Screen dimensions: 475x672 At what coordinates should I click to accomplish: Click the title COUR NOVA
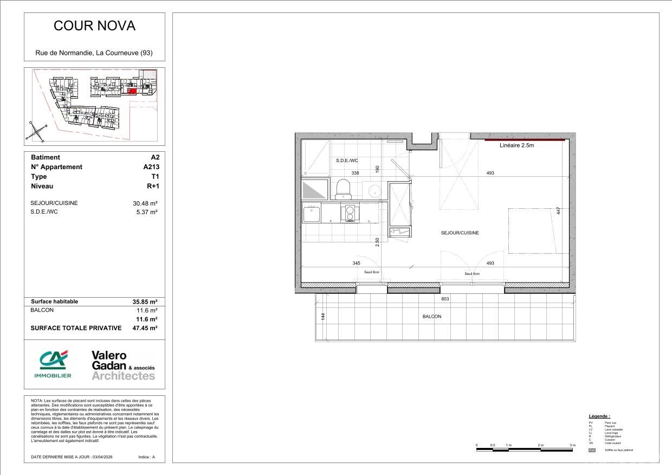94,26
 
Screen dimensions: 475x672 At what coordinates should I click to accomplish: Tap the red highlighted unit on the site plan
132,92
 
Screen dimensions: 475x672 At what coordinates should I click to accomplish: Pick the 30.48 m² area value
145,203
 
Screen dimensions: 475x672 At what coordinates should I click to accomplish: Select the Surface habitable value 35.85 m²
145,301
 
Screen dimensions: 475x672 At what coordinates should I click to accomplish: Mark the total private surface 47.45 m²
145,328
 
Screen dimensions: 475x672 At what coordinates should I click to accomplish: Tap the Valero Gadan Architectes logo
123,365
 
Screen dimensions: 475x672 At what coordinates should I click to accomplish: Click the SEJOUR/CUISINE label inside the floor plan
460,233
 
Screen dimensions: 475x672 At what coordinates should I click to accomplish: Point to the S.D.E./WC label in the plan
347,161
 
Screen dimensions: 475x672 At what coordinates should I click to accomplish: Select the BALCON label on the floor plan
432,317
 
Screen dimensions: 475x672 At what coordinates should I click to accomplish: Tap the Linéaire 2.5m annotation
517,145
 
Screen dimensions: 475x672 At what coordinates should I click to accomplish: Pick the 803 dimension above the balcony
445,299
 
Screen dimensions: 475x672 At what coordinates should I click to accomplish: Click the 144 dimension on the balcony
323,317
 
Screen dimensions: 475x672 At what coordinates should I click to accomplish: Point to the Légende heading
599,416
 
